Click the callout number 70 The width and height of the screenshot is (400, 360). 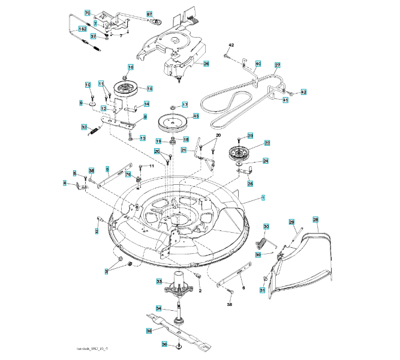pyautogui.click(x=88, y=13)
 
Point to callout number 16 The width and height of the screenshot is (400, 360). pyautogui.click(x=130, y=67)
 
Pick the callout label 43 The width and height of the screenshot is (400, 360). pyautogui.click(x=196, y=116)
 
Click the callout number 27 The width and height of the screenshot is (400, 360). pyautogui.click(x=278, y=65)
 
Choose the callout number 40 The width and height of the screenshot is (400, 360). pyautogui.click(x=258, y=63)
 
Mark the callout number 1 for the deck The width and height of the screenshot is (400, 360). pyautogui.click(x=263, y=197)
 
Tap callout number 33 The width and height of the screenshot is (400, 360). pyautogui.click(x=160, y=281)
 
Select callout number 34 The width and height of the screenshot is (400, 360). pyautogui.click(x=160, y=308)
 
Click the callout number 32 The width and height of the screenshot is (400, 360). pyautogui.click(x=85, y=127)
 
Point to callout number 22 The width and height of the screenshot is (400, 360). pyautogui.click(x=267, y=143)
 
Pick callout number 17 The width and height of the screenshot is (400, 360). pyautogui.click(x=185, y=104)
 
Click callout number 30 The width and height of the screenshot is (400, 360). pyautogui.click(x=266, y=226)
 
